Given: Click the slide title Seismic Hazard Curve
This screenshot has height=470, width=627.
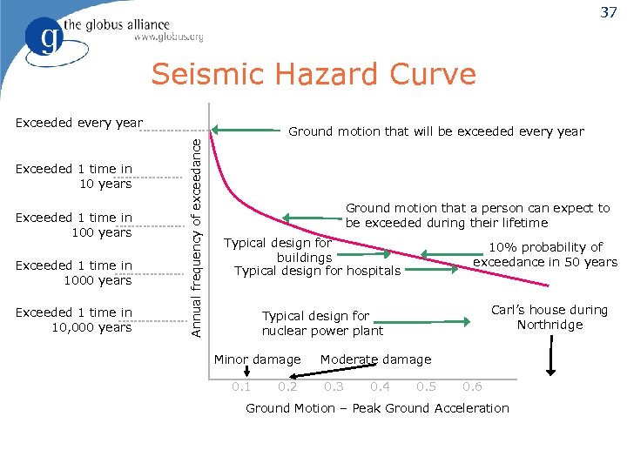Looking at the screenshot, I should click(x=313, y=75).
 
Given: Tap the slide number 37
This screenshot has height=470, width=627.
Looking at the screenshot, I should click(x=608, y=12).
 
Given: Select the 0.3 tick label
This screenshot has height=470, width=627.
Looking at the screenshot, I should click(x=334, y=387).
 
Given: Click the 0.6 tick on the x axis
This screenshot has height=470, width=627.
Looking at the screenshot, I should click(x=471, y=387).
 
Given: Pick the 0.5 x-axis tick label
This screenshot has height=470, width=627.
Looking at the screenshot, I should click(x=426, y=387).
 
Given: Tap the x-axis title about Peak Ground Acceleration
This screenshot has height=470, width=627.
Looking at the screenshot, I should click(x=377, y=408).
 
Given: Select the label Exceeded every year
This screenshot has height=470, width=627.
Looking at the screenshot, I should click(x=79, y=123).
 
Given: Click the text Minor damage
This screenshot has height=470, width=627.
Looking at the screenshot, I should click(x=257, y=359).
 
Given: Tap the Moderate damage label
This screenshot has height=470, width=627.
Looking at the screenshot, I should click(x=375, y=359).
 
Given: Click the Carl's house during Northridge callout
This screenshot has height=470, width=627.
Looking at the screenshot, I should click(x=549, y=318).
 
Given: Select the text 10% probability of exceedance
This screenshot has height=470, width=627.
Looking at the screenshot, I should click(x=545, y=254).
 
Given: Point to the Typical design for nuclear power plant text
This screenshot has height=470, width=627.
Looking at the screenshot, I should click(x=322, y=323).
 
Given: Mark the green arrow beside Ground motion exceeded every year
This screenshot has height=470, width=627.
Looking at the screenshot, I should click(x=244, y=131).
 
